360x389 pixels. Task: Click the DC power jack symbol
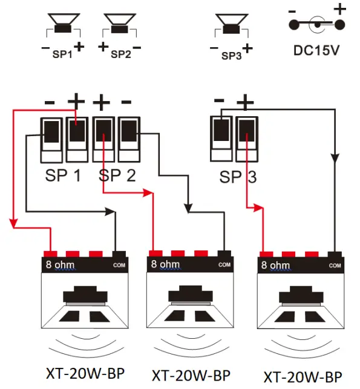click(x=317, y=25)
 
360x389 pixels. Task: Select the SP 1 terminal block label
click(x=63, y=177)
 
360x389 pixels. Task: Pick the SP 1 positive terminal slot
click(x=76, y=132)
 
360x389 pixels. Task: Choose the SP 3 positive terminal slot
click(x=246, y=132)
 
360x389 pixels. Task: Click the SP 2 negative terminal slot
click(x=128, y=132)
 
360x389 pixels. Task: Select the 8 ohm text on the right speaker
click(x=275, y=265)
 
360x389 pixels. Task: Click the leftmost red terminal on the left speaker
click(x=50, y=254)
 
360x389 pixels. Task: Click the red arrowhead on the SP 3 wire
click(x=259, y=208)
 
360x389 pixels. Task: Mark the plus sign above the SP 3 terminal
click(x=245, y=102)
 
